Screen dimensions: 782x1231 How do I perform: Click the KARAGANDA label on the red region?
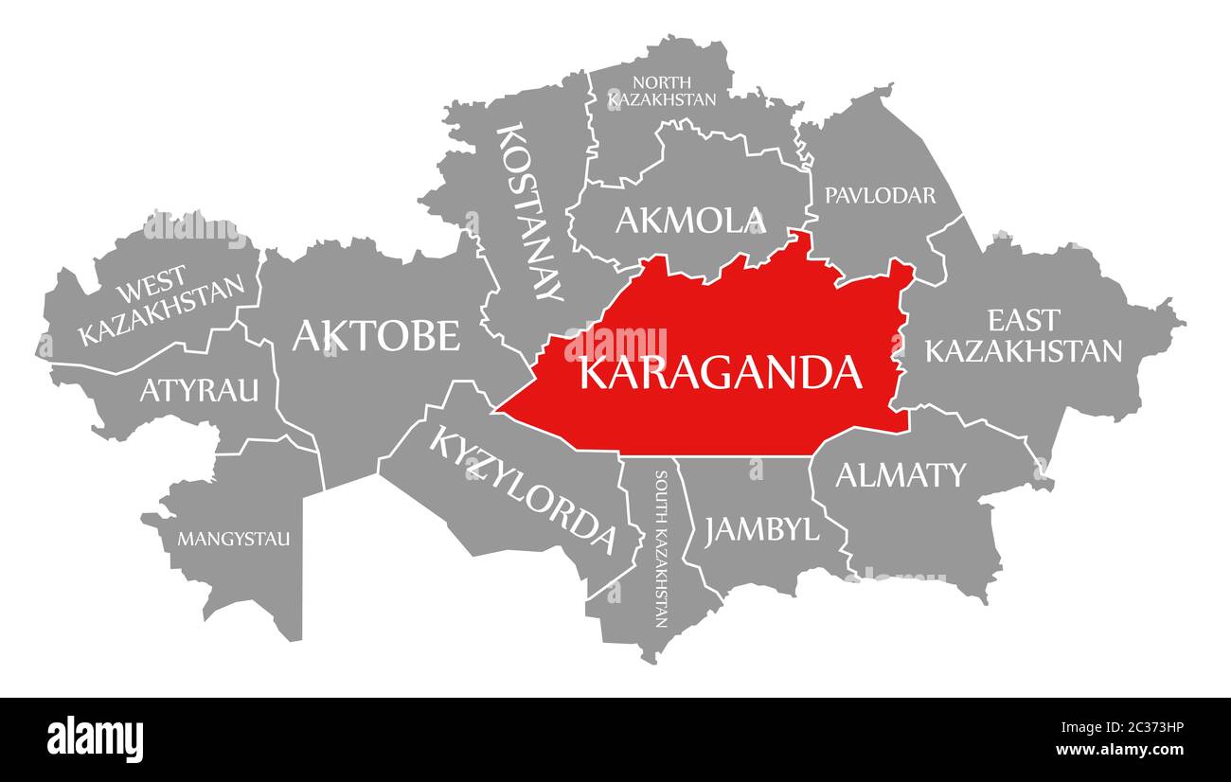click(720, 373)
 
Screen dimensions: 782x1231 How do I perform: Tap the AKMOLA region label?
click(689, 221)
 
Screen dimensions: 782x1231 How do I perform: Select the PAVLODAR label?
click(880, 195)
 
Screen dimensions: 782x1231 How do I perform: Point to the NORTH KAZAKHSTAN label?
click(662, 90)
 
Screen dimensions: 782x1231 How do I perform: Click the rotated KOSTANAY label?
click(530, 211)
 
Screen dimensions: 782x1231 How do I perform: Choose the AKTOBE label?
click(376, 335)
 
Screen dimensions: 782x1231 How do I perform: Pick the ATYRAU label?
click(199, 389)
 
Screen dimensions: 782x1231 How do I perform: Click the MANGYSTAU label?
click(234, 540)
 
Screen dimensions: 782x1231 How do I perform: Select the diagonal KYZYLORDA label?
click(523, 489)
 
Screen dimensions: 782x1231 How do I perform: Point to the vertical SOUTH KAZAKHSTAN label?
click(661, 549)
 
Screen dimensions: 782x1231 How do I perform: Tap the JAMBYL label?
click(761, 529)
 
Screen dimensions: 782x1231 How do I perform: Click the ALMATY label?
click(900, 474)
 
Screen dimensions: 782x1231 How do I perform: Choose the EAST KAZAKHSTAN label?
click(1023, 335)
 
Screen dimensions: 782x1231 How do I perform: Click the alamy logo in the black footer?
click(96, 738)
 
